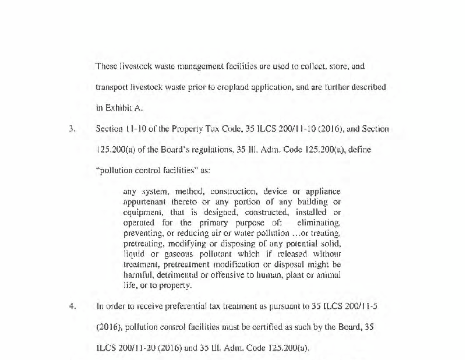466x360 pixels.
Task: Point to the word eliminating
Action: coord(319,223)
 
